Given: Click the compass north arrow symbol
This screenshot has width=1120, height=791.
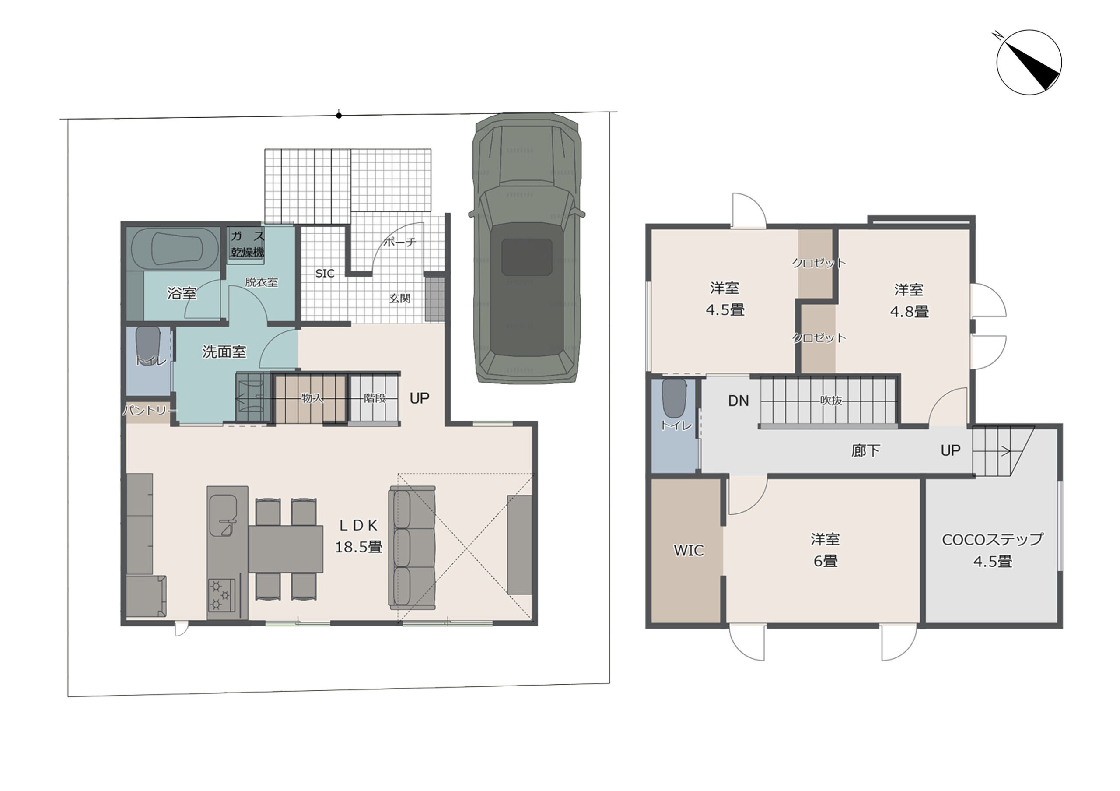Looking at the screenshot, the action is tap(1028, 62).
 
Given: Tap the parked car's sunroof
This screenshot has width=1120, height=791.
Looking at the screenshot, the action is tap(527, 257).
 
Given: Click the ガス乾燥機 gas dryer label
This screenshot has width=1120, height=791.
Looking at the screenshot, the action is tap(247, 244).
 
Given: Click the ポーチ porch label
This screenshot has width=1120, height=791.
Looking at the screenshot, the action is tap(400, 242).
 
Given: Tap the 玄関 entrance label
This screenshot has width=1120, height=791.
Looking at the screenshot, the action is tap(399, 298).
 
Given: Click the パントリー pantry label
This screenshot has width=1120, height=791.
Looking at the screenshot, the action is tap(149, 410).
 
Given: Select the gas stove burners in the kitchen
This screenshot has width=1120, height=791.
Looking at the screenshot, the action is tap(221, 595).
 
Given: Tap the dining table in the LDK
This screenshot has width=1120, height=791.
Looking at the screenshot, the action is tap(285, 549).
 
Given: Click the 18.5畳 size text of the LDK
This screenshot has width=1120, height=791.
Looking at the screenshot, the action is tap(359, 547).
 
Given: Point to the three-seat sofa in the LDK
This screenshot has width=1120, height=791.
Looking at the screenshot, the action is tap(412, 548).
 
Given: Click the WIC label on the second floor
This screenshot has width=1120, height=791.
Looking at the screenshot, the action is tap(688, 550).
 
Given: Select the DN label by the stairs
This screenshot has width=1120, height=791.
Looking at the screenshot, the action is tap(738, 401).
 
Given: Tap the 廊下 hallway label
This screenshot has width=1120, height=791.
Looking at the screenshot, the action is tap(865, 450).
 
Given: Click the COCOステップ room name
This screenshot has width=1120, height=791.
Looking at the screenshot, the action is tap(992, 539).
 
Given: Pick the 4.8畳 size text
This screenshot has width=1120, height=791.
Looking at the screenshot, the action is tap(909, 311).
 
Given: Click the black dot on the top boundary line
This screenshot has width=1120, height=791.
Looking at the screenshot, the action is tap(339, 116).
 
